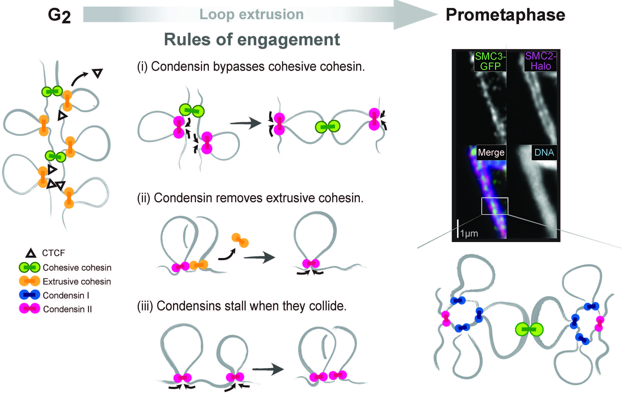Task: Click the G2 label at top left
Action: click(59, 16)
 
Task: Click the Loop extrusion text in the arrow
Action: click(251, 14)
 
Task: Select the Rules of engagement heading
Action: click(252, 40)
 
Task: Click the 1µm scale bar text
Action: click(469, 233)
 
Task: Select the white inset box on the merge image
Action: click(495, 206)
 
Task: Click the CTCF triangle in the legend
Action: click(31, 253)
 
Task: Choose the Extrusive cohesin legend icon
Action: click(29, 281)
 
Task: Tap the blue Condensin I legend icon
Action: click(29, 295)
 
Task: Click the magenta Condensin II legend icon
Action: click(29, 309)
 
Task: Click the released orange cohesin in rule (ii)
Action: click(240, 240)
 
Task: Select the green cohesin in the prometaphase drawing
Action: click(529, 329)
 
